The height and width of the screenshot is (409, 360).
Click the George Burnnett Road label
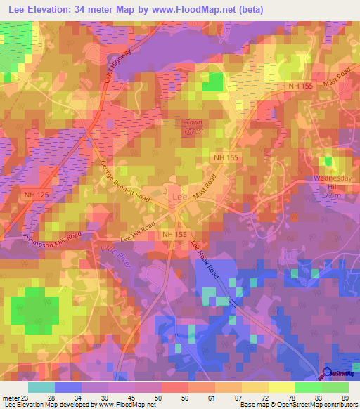pyautogui.click(x=124, y=180)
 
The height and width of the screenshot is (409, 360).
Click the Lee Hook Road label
pyautogui.click(x=205, y=259)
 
